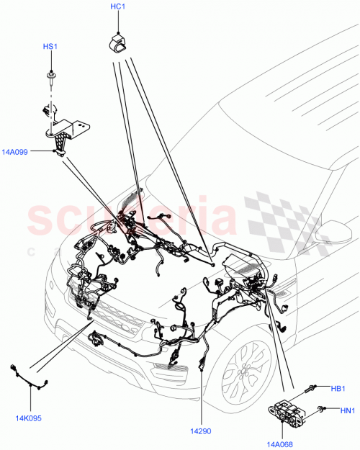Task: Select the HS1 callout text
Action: pos(50,47)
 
